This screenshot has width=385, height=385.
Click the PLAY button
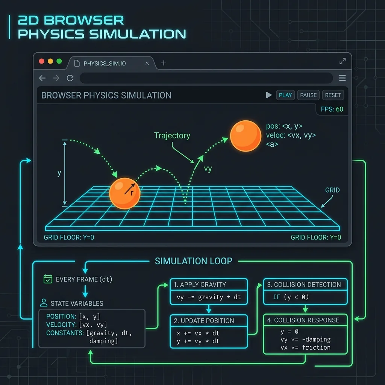[285, 95]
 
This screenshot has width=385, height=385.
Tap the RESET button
[333, 95]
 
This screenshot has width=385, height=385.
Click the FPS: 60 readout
[332, 109]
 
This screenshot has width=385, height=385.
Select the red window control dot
[41, 61]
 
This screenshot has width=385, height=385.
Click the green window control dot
[59, 61]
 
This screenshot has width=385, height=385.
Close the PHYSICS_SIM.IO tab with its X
[147, 63]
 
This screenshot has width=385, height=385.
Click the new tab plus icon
[164, 63]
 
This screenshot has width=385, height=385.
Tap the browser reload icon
[70, 78]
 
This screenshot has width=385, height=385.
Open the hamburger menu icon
[342, 78]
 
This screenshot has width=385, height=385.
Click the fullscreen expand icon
[343, 61]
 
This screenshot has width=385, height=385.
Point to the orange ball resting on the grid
[125, 194]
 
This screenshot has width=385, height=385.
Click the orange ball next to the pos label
[246, 136]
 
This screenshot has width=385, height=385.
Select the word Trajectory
[172, 135]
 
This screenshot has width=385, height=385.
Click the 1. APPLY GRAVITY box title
[200, 285]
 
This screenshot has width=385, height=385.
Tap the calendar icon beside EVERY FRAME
[48, 279]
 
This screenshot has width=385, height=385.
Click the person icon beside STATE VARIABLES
[44, 303]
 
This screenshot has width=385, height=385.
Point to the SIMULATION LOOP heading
[194, 261]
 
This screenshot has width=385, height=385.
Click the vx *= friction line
[305, 347]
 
